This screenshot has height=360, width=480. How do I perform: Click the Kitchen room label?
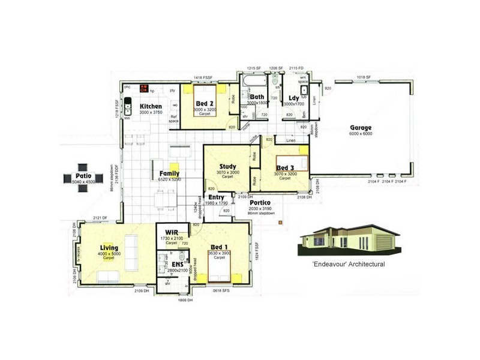(x=151, y=106)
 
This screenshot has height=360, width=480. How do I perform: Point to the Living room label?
(x=109, y=247)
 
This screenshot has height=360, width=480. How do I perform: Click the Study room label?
(x=227, y=166)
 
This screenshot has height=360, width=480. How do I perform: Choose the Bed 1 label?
(x=218, y=247)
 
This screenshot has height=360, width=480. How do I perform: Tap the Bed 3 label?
(x=285, y=167)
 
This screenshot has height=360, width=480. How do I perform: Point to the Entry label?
(x=216, y=197)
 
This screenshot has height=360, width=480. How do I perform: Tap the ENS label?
(x=178, y=264)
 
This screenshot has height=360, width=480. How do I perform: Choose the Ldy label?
(x=294, y=98)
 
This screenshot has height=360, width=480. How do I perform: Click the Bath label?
(x=257, y=97)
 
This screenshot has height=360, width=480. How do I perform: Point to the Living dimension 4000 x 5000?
(x=109, y=253)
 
